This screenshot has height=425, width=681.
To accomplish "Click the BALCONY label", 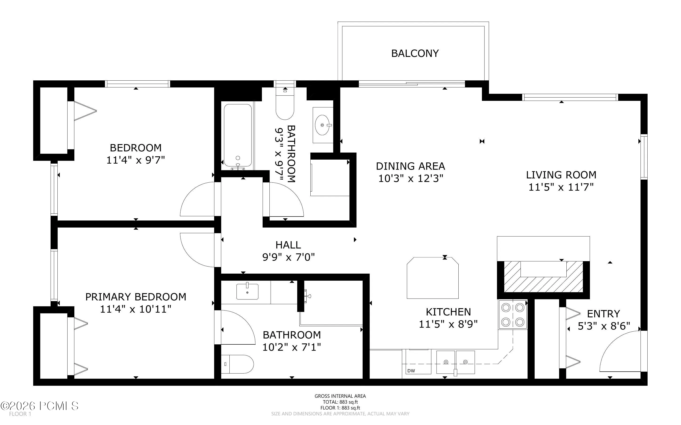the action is pos(415,53).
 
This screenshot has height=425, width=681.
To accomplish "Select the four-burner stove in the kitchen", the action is pos(513,314).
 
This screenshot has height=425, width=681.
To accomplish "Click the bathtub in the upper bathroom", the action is pos(238,136).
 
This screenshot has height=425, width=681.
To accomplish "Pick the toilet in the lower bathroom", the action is pos(237,364).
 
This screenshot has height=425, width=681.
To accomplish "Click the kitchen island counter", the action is pos(433,278).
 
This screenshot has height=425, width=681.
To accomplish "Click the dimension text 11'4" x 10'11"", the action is pos(136,309).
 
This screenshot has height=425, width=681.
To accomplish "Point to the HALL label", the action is pos(288,245).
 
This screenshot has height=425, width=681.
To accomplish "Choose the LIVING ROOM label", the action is pos(561,175).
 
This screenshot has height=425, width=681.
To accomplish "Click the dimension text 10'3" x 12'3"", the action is pos(411,178).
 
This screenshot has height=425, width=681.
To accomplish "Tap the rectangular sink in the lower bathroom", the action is pos(247,291).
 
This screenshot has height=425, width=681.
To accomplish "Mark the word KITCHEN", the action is pos(448,312).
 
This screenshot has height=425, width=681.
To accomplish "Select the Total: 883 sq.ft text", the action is pos(340,402).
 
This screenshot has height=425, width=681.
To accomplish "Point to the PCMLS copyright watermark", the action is pos(39,406).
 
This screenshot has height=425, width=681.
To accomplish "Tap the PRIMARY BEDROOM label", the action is pos(136,297).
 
